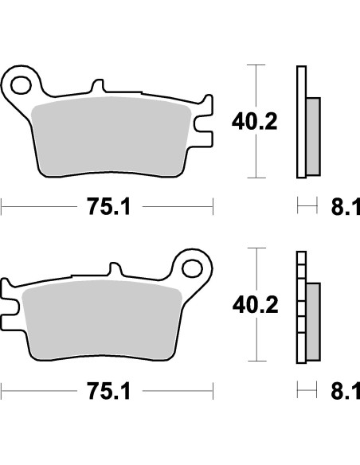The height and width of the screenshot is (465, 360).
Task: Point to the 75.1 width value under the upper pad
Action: [108, 209]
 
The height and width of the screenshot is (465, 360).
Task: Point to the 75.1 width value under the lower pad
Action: [108, 393]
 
